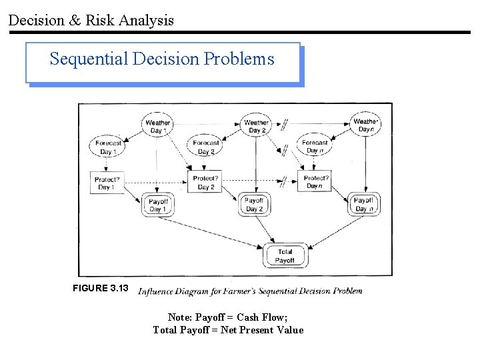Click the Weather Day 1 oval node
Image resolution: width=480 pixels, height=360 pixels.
point(158,126)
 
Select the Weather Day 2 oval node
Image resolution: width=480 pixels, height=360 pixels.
point(256,126)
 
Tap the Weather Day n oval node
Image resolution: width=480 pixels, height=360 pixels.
point(365,125)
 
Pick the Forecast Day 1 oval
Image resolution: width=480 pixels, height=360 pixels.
point(108,147)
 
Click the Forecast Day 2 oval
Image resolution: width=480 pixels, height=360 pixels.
point(206,147)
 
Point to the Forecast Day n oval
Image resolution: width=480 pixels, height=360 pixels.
point(315,147)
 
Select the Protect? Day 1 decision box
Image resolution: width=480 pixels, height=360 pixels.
point(107,183)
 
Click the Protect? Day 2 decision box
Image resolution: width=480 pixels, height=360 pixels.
point(205,183)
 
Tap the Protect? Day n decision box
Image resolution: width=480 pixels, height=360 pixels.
point(316,182)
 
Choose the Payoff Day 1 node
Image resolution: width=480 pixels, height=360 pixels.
point(158,205)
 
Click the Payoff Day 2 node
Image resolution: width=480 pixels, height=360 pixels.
point(254,204)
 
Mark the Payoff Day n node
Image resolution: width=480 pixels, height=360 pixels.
point(363,204)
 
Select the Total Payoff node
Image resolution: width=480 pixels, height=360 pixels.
point(285,256)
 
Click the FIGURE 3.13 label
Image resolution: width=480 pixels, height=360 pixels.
point(100,288)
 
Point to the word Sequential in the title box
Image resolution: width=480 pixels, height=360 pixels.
point(89,59)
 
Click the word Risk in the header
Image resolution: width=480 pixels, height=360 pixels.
point(101,20)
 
